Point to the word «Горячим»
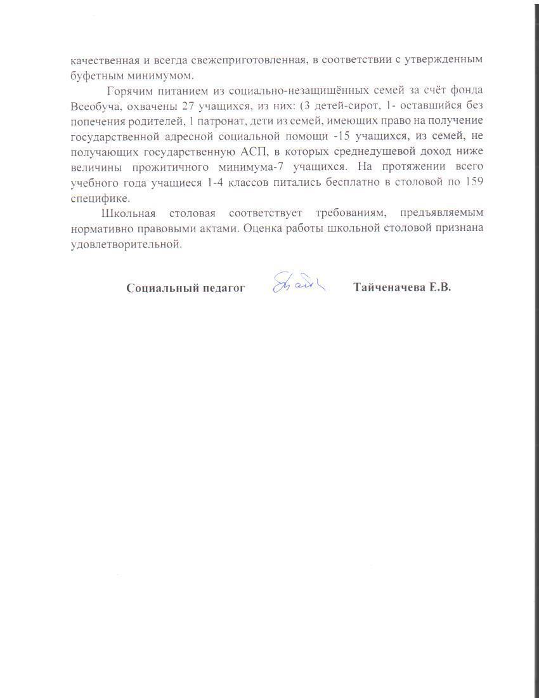tap(129, 90)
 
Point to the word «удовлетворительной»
tap(126, 244)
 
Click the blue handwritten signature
tap(298, 282)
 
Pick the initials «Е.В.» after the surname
tap(438, 287)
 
